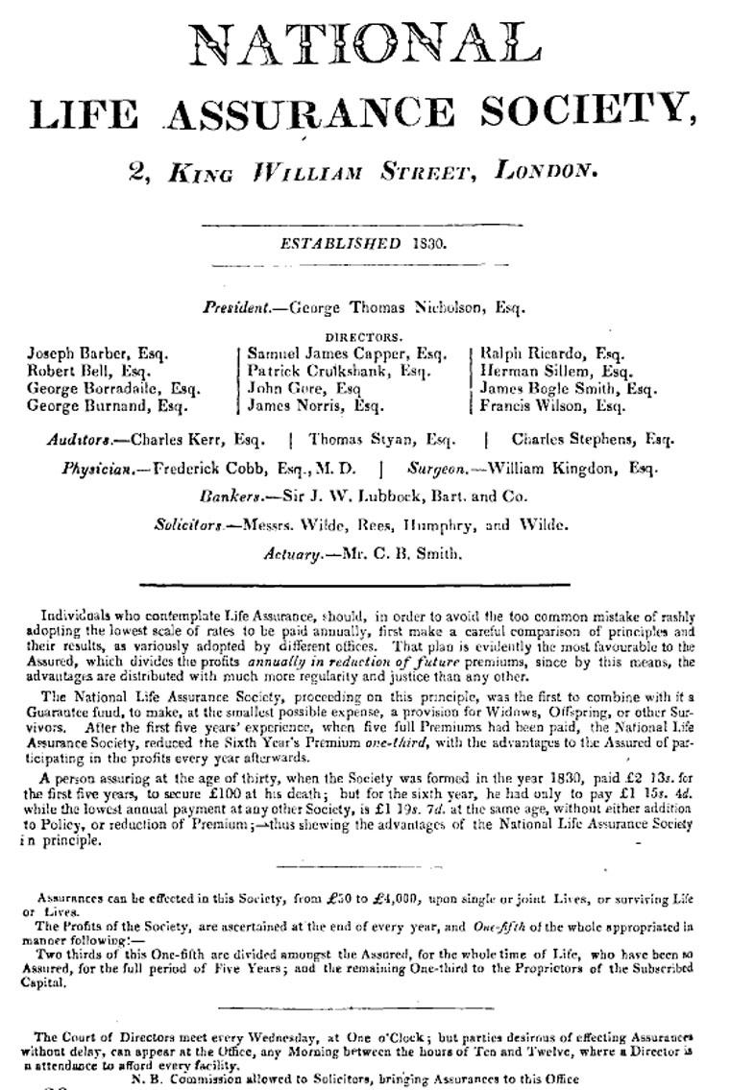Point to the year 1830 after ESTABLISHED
[x=426, y=244]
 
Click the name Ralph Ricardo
[x=531, y=353]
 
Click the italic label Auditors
[x=78, y=441]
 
